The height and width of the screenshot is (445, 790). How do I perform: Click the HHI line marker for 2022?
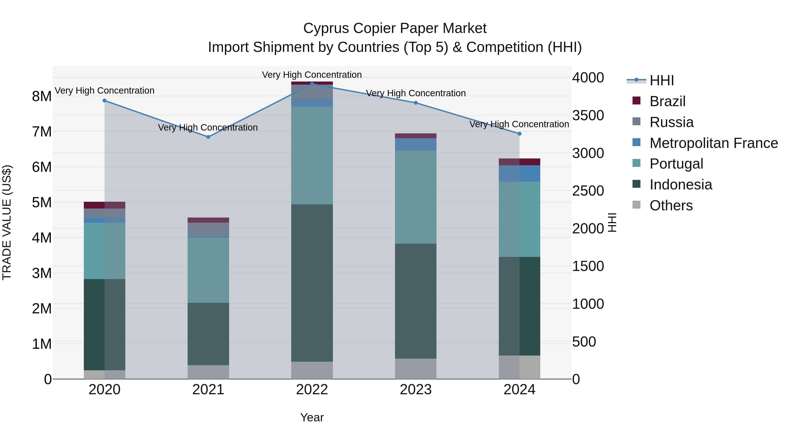click(x=312, y=84)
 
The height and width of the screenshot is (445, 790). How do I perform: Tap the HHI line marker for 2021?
click(x=208, y=137)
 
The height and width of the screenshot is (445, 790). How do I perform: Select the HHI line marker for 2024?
click(x=519, y=134)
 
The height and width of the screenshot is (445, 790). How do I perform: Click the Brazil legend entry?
click(x=667, y=101)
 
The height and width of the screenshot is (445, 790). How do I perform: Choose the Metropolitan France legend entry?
click(x=713, y=143)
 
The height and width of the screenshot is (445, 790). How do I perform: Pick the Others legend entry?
click(x=671, y=205)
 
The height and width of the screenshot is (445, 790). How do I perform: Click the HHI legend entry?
click(x=661, y=80)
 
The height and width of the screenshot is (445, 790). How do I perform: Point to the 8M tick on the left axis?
click(x=42, y=96)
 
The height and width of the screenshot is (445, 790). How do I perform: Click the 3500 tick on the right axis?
click(x=588, y=115)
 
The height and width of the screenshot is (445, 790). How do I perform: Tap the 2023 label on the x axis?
click(x=416, y=390)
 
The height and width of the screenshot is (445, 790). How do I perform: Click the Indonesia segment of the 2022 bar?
click(x=312, y=283)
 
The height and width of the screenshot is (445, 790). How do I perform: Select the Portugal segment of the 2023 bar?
click(x=416, y=197)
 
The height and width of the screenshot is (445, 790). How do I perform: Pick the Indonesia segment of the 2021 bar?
click(x=208, y=334)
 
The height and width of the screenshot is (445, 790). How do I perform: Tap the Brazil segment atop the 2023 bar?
click(x=416, y=136)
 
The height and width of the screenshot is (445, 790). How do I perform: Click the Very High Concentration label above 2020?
click(x=105, y=91)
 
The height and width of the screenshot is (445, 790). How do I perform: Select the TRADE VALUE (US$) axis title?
click(x=7, y=222)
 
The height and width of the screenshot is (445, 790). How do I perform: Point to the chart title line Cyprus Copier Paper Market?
click(x=395, y=28)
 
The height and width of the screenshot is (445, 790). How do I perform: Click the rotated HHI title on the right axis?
click(x=612, y=222)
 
